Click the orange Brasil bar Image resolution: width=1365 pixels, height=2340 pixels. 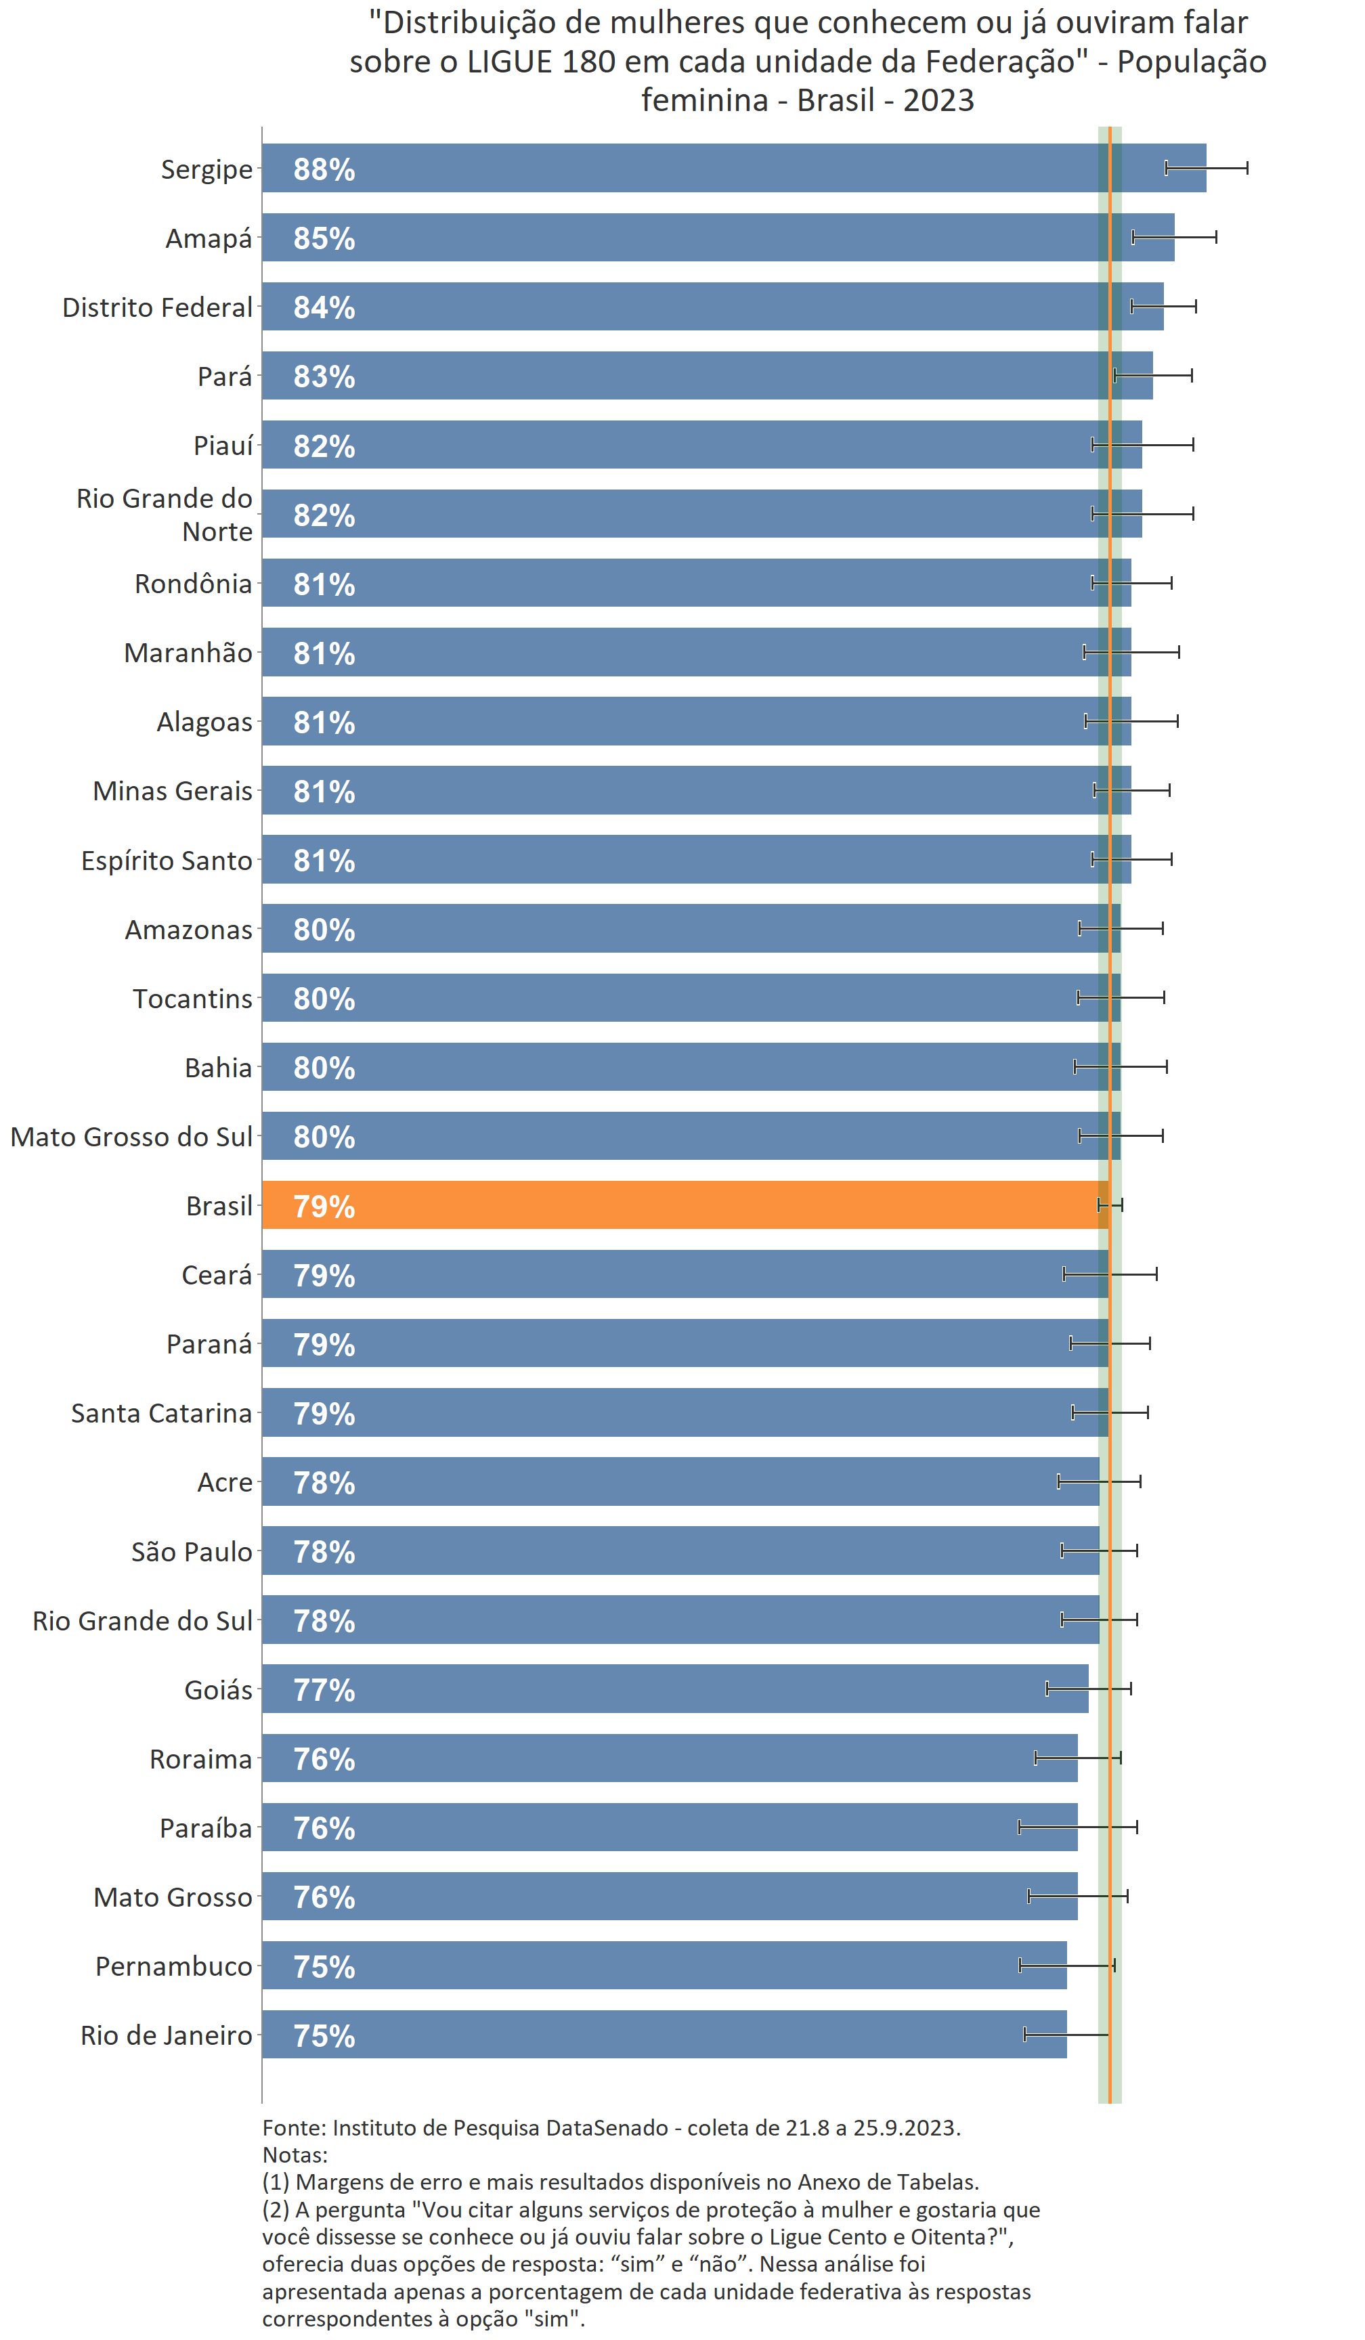(685, 1205)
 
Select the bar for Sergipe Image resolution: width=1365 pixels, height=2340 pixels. (733, 168)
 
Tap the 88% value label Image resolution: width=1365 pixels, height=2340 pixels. (324, 170)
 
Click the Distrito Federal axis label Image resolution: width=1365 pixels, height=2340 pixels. (157, 307)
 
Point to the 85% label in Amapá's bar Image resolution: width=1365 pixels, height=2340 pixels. (324, 238)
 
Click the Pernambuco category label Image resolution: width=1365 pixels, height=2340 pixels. (173, 1966)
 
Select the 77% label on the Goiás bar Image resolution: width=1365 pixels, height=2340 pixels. (324, 1690)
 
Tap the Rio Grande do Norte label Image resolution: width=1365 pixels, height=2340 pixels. (165, 515)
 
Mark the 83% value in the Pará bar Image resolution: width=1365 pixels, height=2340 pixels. (324, 377)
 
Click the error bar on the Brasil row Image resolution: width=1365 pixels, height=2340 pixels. (1110, 1205)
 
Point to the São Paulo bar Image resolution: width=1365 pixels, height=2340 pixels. (680, 1550)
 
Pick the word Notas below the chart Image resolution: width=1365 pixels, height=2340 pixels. (295, 2154)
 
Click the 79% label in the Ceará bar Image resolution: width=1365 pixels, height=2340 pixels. (324, 1276)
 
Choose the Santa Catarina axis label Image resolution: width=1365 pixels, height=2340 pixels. (162, 1413)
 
